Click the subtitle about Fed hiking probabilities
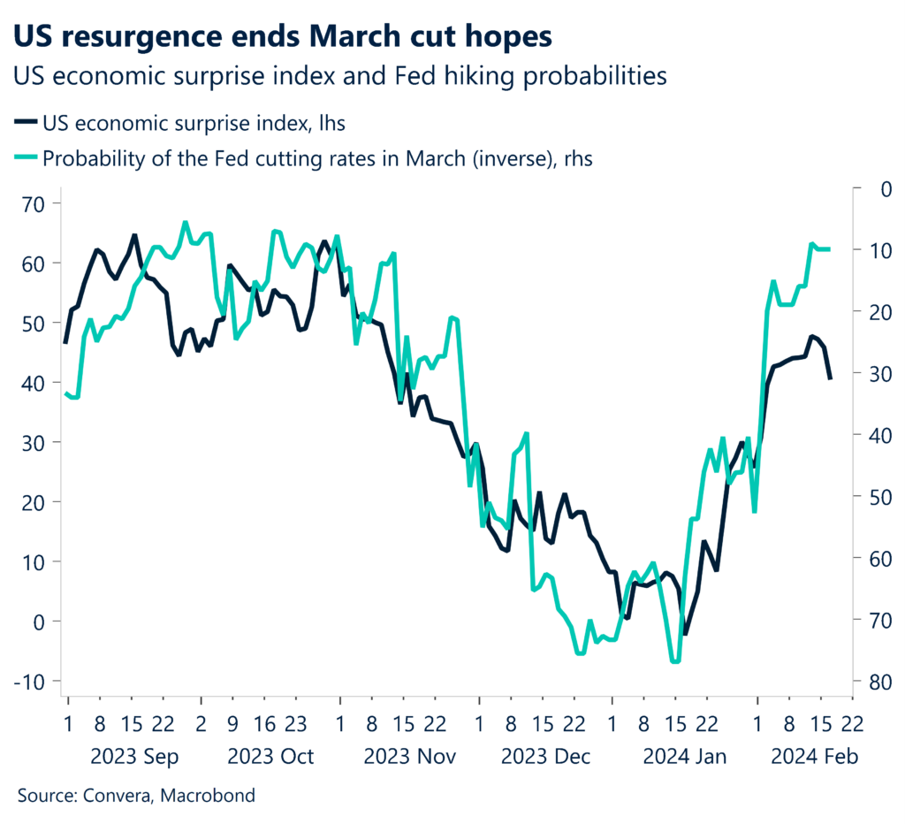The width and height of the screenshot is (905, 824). coord(339,76)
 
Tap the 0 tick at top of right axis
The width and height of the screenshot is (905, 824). coord(863,188)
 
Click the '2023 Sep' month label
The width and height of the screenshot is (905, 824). coord(135,757)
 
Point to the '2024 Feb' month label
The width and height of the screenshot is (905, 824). coord(814,757)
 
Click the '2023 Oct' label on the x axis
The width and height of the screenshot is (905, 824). coord(270,757)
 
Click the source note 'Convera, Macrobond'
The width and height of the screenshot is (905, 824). coord(136,796)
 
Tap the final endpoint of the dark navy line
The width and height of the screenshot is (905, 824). coord(830,378)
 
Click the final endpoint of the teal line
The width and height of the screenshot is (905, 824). coord(829,249)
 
